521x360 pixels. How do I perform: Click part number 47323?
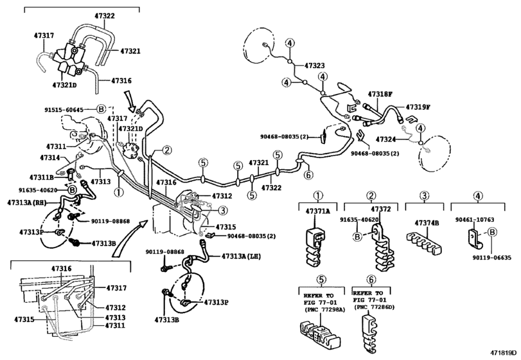point(314,66)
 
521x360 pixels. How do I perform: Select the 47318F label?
point(380,94)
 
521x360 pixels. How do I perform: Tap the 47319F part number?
point(418,107)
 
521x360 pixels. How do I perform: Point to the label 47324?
point(385,139)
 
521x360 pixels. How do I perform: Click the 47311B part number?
point(41,177)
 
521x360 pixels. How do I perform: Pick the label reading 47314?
point(49,157)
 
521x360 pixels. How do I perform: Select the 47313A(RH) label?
point(27,203)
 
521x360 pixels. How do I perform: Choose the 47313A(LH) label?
point(241,256)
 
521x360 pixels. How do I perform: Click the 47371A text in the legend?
point(317,211)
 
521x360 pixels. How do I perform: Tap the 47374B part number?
point(427,222)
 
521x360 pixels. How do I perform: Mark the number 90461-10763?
point(475,220)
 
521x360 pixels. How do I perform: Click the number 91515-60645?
point(64,109)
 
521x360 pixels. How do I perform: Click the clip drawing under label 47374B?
point(424,242)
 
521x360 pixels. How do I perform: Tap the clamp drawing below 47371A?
point(313,247)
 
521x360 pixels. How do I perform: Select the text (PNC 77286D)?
point(374,307)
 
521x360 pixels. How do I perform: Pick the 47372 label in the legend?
point(381,209)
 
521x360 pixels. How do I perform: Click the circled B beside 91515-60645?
point(101,109)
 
